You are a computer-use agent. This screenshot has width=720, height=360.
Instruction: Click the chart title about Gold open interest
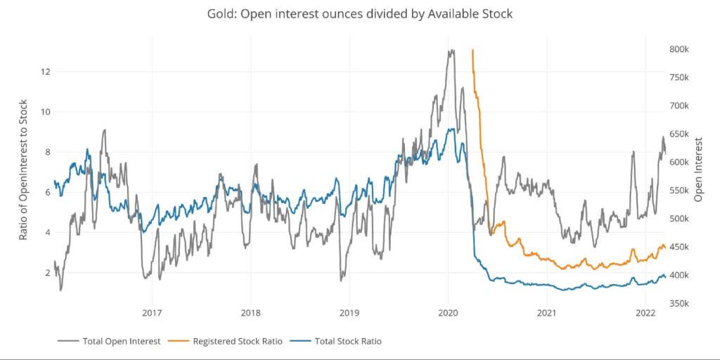point(359,13)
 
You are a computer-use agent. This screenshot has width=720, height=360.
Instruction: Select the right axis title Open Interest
point(698,169)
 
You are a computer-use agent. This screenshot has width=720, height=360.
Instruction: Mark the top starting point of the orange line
point(472,51)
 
